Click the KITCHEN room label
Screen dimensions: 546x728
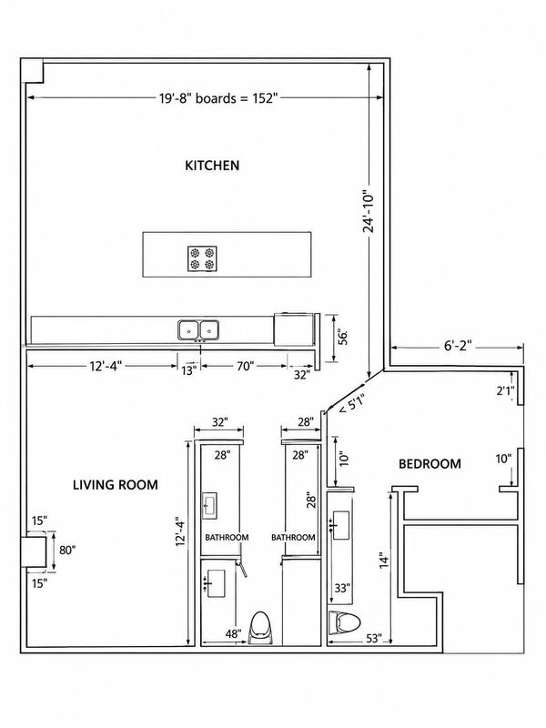coord(212,166)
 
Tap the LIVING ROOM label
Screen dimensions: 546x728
coord(116,485)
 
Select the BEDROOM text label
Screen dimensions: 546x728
coord(430,464)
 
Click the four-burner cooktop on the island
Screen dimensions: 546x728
coord(202,258)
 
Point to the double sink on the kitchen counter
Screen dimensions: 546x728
coord(198,330)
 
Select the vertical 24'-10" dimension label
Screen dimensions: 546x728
coord(369,211)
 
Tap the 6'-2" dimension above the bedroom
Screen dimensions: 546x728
coord(458,346)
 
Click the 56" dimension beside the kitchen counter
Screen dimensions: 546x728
coord(343,338)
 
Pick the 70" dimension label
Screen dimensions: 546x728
coord(245,366)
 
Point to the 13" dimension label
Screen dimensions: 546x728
coord(188,370)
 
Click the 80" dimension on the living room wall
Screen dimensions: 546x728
coord(67,551)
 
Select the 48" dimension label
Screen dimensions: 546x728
coord(234,633)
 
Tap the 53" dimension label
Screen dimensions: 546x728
coord(374,639)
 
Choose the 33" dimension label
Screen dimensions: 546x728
coord(342,588)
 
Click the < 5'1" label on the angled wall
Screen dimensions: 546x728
coord(352,403)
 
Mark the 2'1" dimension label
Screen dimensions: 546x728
coord(505,390)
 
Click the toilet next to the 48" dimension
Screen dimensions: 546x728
coord(260,628)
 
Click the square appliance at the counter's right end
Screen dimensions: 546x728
coord(293,329)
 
